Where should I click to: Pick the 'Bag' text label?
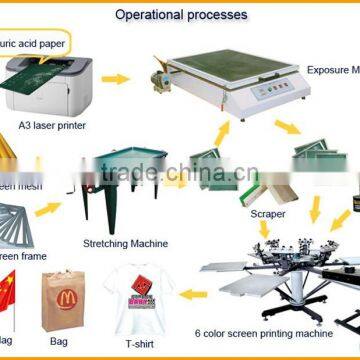62,340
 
